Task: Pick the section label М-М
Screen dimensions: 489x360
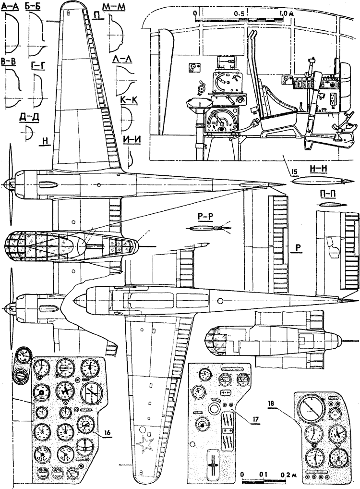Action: (x=115, y=8)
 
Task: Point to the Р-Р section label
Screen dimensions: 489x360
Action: (x=209, y=216)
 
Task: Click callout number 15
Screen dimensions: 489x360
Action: (x=287, y=169)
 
